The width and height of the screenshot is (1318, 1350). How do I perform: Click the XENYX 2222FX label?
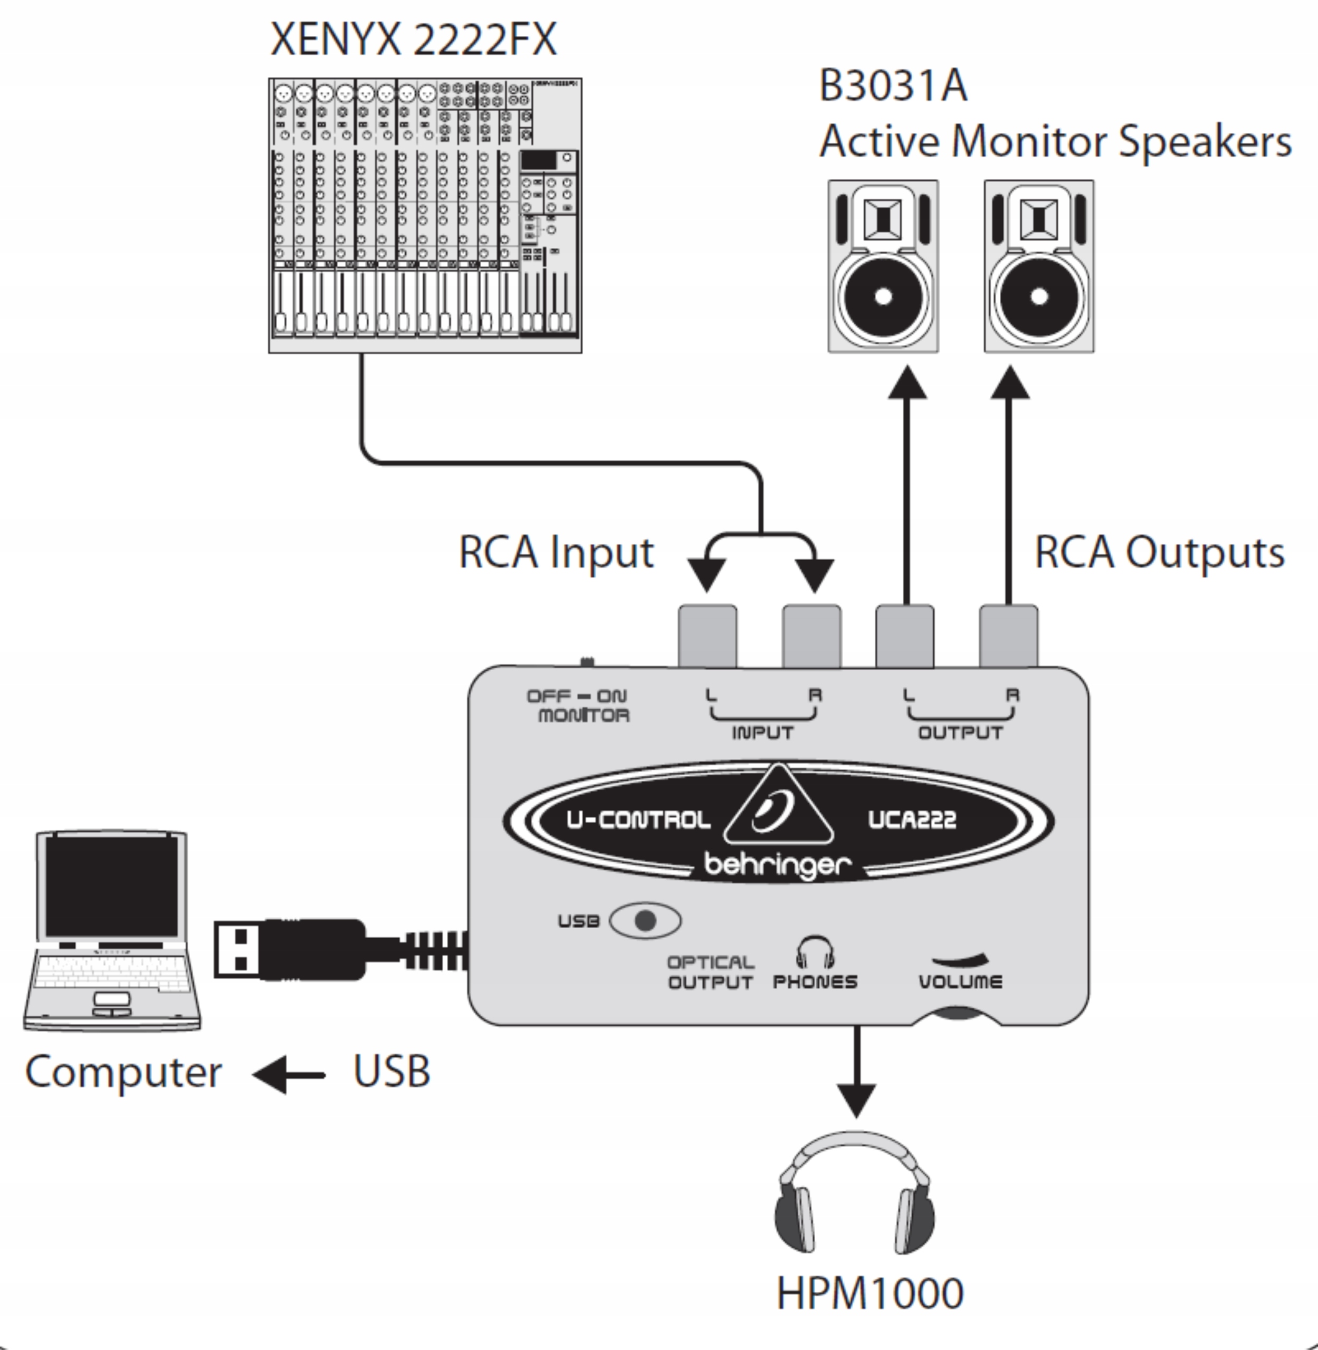point(413,40)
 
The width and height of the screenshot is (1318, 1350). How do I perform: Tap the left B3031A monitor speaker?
point(883,266)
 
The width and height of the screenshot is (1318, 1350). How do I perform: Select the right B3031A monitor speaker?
point(1039,266)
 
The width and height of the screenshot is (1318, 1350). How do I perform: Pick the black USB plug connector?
point(291,949)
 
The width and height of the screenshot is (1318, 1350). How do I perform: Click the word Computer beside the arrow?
point(123,1073)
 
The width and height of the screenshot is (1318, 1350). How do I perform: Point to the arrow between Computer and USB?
point(289,1075)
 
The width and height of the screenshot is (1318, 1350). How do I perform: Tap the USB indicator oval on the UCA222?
point(645,921)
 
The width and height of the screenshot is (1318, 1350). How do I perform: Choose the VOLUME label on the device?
point(960,981)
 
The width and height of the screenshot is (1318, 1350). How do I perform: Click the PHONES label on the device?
point(815,981)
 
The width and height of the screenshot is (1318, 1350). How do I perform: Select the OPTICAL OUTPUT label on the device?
point(710,972)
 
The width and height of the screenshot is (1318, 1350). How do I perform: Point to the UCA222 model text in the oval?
point(912,820)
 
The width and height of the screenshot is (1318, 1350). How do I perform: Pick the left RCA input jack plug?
point(707,635)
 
